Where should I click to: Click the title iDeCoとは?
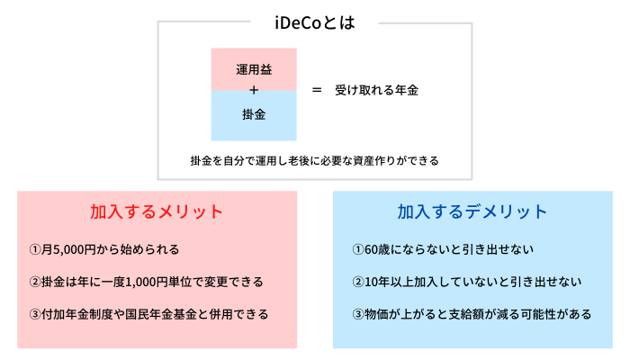315,22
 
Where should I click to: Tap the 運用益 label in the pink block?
254,69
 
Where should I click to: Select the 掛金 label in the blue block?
254,114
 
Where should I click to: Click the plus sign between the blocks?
254,90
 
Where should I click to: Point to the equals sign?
317,90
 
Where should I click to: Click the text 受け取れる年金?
376,90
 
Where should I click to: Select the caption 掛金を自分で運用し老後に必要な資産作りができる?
315,161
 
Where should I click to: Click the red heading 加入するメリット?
157,211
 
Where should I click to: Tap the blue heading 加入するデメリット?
472,211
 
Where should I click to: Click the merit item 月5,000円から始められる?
104,249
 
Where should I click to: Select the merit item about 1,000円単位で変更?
146,282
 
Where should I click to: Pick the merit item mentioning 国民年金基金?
148,314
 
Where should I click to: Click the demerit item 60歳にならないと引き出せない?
443,249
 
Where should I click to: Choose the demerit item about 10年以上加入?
467,282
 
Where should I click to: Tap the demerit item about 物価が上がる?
472,314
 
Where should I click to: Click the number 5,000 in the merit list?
68,250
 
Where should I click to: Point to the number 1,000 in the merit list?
141,282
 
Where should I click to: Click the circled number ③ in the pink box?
35,314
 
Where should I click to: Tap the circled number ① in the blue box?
358,249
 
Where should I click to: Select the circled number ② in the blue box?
358,282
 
